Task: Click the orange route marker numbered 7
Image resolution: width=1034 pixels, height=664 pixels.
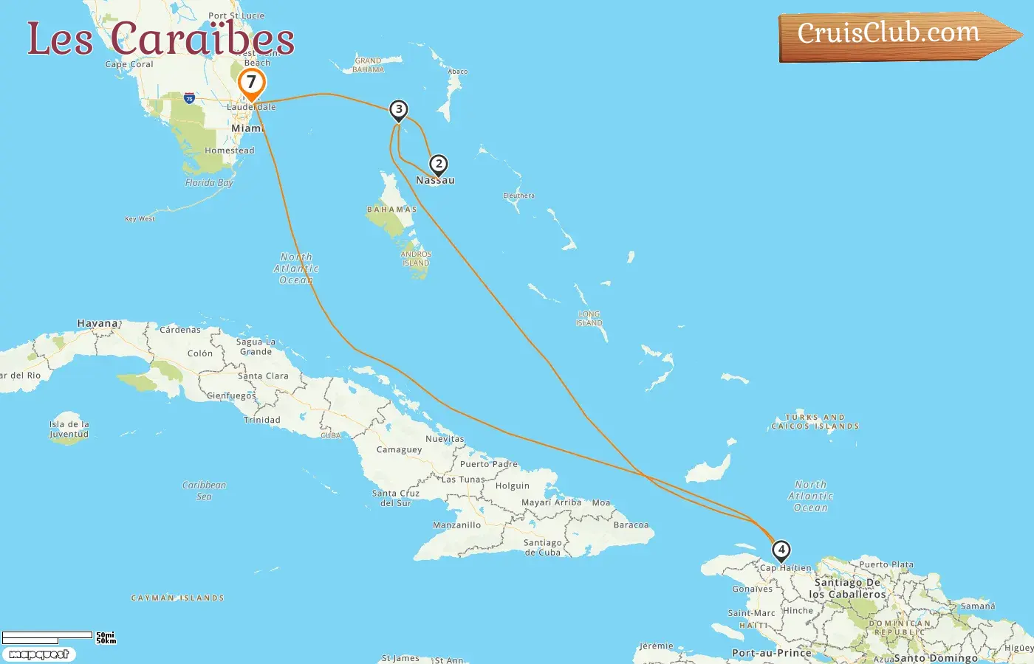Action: point(251,83)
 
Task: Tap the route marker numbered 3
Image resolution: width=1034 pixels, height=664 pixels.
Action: point(399,110)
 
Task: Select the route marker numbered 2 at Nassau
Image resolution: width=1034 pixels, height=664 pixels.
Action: point(439,165)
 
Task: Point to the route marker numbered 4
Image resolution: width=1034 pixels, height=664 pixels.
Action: point(781,550)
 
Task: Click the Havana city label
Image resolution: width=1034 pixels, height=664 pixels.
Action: point(97,323)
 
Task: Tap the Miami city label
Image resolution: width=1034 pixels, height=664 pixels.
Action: point(247,128)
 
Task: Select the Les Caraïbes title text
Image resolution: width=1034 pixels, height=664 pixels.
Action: point(161,38)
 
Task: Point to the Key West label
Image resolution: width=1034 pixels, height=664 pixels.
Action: point(140,218)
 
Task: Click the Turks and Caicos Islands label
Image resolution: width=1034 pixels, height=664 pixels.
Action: point(815,421)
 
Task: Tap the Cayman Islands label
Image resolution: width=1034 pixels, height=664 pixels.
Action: point(177,598)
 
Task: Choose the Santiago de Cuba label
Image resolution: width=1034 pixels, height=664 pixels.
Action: point(543,547)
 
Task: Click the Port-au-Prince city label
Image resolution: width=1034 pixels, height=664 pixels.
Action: point(771,653)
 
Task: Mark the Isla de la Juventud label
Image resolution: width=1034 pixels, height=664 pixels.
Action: point(69,429)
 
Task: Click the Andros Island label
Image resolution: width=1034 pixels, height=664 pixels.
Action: point(416,258)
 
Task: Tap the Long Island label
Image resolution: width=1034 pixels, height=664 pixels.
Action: point(589,319)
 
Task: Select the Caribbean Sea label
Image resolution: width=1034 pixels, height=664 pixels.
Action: point(204,491)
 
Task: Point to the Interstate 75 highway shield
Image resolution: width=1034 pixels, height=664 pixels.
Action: point(190,98)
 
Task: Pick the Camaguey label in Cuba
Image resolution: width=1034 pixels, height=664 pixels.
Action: point(399,449)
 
